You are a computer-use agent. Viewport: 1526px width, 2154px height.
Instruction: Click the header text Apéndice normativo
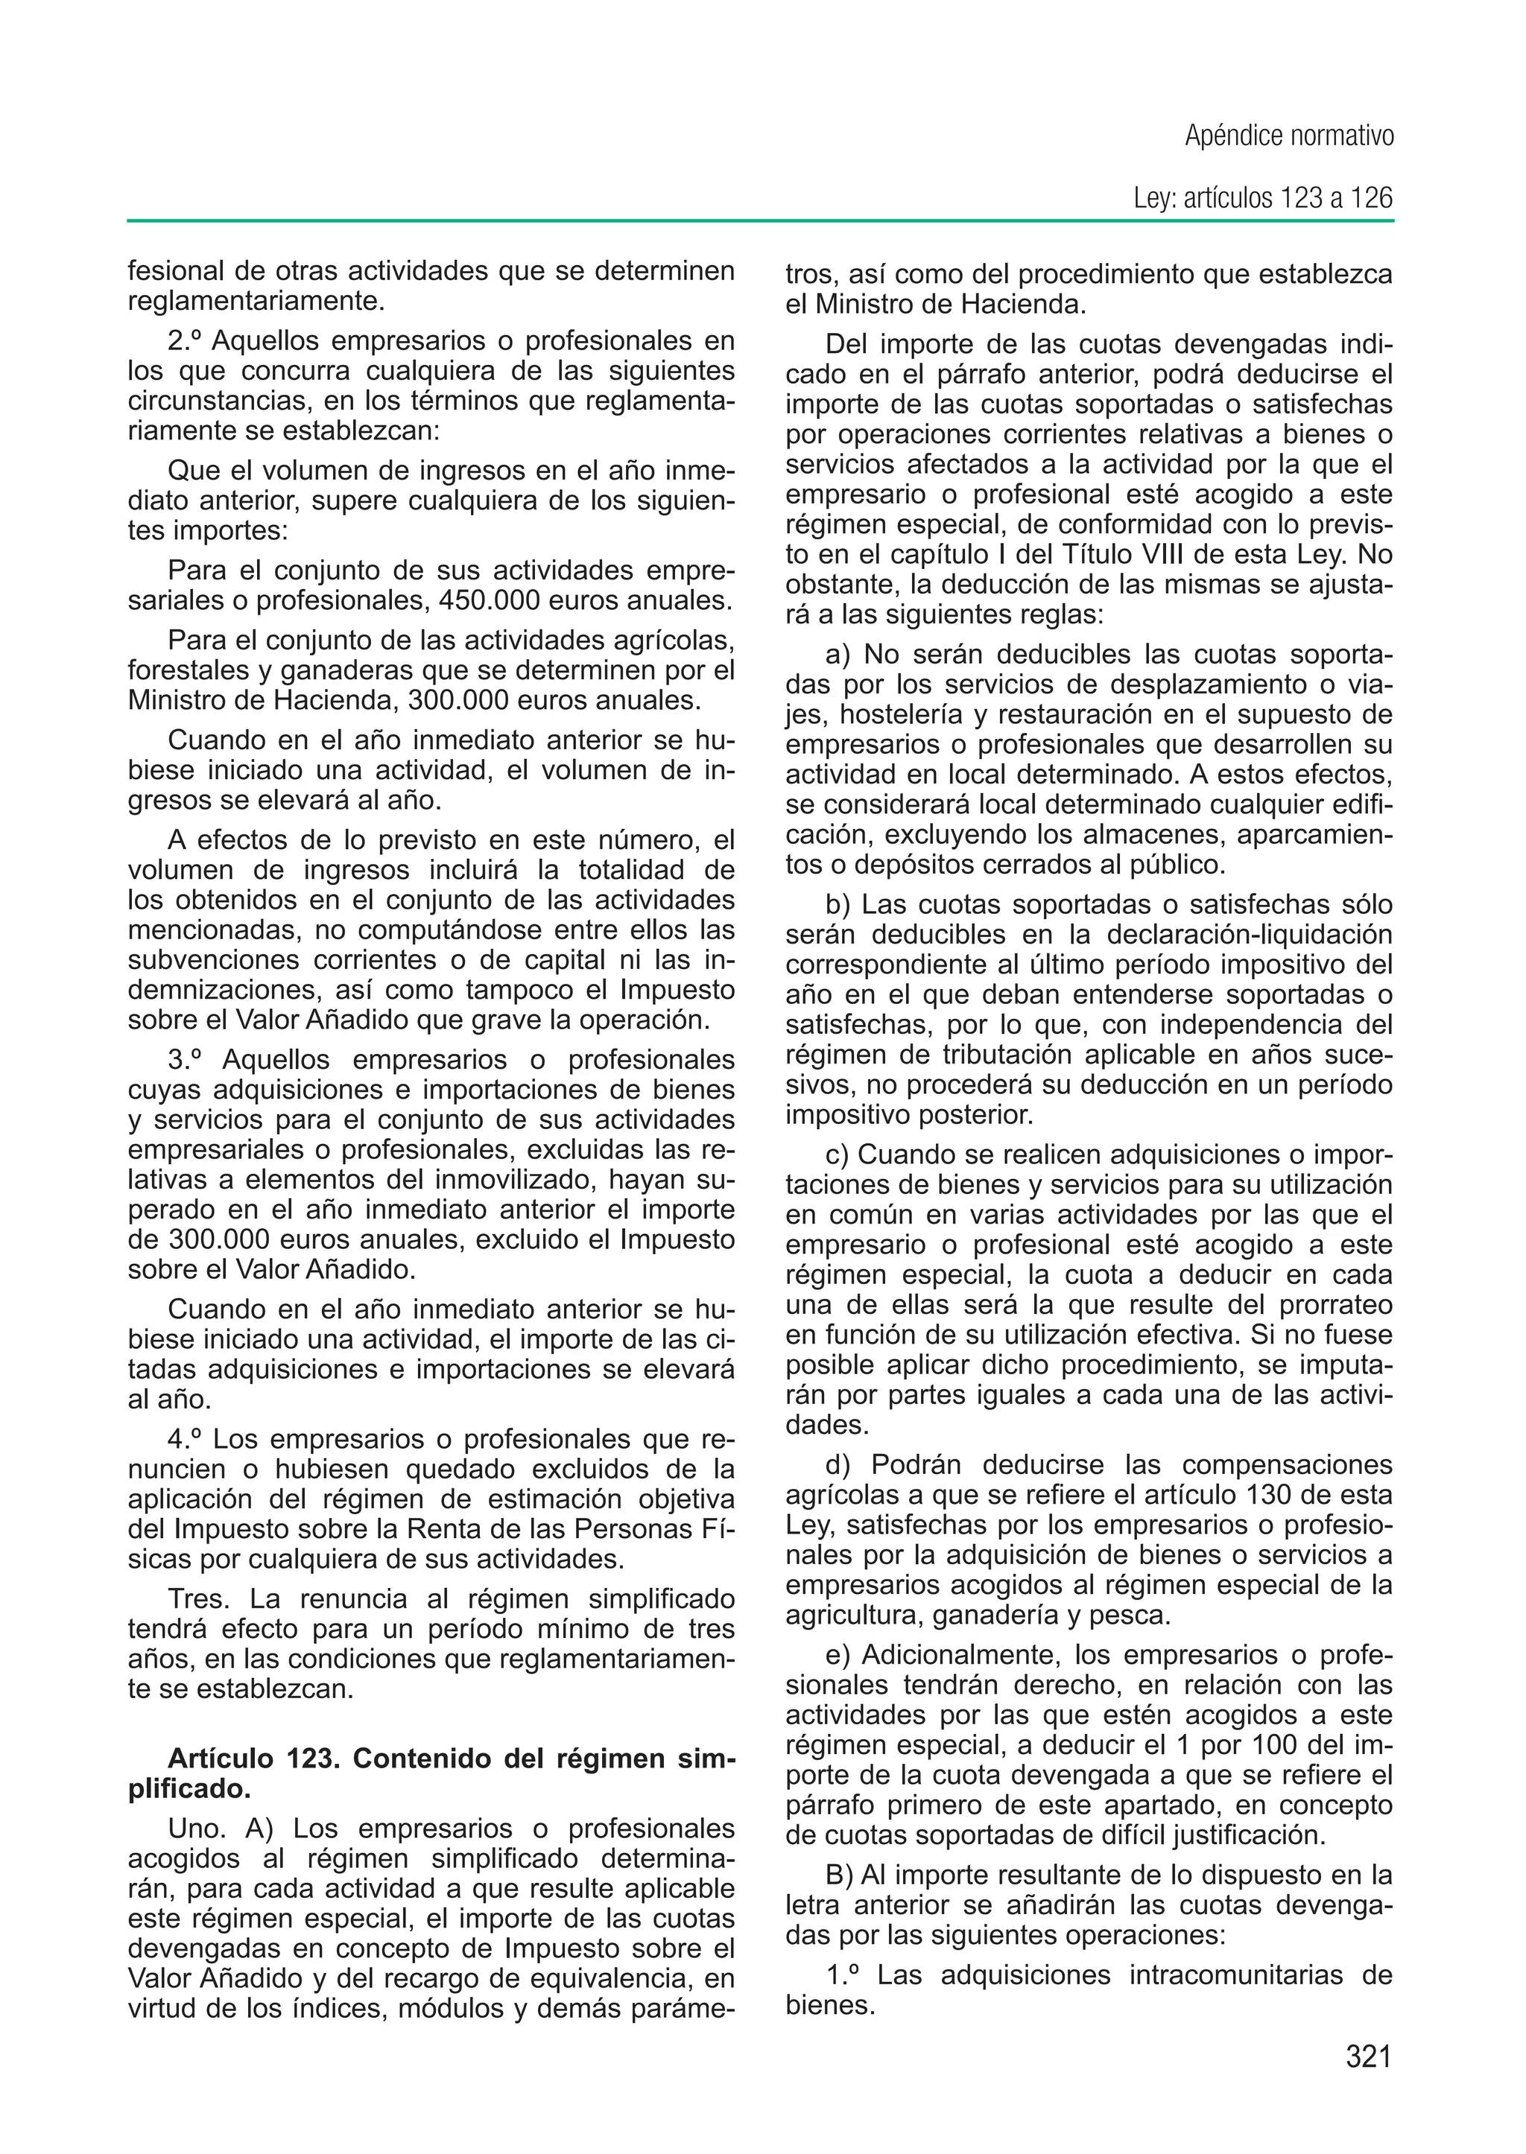pos(1288,137)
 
